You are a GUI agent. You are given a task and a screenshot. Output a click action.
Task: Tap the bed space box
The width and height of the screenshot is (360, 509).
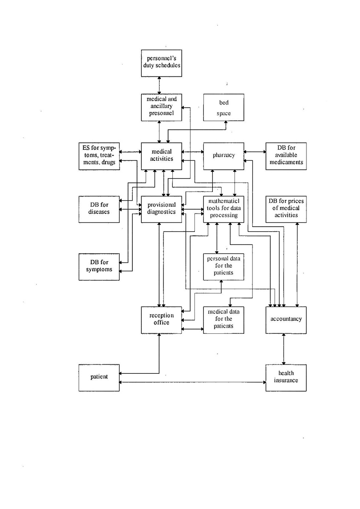tap(224, 108)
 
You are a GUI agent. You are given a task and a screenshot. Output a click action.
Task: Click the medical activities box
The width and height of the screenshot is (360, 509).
tap(161, 156)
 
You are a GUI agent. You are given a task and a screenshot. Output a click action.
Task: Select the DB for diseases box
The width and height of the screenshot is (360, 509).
tap(99, 208)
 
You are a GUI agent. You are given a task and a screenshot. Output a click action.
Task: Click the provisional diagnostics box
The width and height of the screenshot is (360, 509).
tap(161, 208)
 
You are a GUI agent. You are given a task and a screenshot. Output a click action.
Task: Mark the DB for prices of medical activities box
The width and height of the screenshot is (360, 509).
tap(286, 208)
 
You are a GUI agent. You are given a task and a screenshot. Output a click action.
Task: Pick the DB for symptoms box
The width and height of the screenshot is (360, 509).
tap(99, 266)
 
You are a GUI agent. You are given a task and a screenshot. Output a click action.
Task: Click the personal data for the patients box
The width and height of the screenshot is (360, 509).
tap(224, 266)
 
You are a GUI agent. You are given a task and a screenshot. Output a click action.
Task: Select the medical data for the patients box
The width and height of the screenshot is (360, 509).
tap(224, 319)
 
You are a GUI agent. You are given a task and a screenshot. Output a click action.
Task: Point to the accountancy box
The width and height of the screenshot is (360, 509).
tap(286, 319)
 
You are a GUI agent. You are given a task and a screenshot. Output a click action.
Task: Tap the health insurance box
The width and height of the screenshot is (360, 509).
tap(286, 377)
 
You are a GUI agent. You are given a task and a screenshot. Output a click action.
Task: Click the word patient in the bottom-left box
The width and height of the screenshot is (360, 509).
tap(99, 377)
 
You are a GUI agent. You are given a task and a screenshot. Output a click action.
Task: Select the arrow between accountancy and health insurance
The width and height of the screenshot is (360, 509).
tap(284, 349)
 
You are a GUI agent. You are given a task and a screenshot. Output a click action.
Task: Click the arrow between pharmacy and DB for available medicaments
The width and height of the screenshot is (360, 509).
tap(255, 152)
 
